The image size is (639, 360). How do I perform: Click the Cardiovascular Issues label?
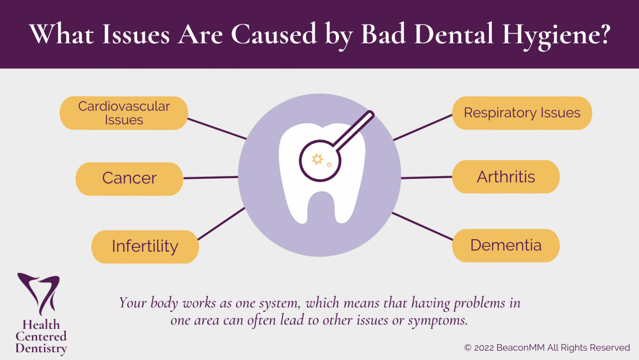click(124, 113)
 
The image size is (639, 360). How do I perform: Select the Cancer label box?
click(129, 179)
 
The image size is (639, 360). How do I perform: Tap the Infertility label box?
click(145, 247)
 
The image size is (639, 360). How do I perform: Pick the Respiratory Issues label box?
click(522, 113)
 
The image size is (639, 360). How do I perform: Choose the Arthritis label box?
click(506, 177)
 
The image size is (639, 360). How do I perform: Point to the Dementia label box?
click(506, 245)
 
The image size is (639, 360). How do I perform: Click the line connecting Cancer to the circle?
click(211, 178)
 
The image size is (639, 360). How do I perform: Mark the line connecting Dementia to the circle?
click(422, 226)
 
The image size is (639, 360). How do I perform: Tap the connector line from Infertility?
click(221, 224)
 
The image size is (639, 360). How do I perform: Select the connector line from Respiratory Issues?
click(423, 127)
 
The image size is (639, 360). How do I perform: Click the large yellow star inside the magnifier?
click(317, 159)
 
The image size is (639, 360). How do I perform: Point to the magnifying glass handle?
click(354, 130)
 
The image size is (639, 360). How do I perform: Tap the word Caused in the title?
click(273, 34)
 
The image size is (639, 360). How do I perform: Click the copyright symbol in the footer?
click(468, 348)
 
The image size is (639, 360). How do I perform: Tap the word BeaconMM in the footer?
click(521, 348)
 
